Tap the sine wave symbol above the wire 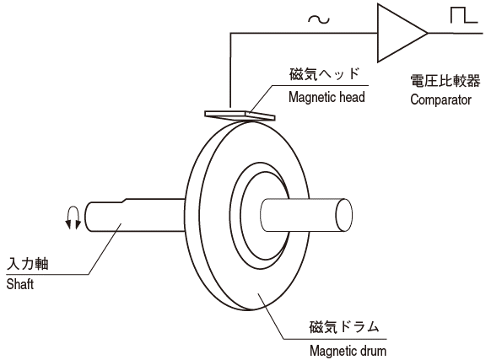pyautogui.click(x=319, y=20)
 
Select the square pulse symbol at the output pyautogui.click(x=464, y=15)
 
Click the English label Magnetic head pyautogui.click(x=326, y=97)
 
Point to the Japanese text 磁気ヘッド pyautogui.click(x=324, y=74)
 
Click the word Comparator pyautogui.click(x=440, y=99)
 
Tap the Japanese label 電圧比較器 pyautogui.click(x=445, y=81)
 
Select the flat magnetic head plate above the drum pyautogui.click(x=240, y=116)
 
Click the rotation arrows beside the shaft pyautogui.click(x=73, y=218)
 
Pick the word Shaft pyautogui.click(x=20, y=284)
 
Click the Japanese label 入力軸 pyautogui.click(x=28, y=264)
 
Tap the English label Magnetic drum pyautogui.click(x=348, y=351)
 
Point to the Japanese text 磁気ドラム pyautogui.click(x=344, y=327)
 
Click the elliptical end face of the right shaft pyautogui.click(x=344, y=215)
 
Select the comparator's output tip pyautogui.click(x=428, y=33)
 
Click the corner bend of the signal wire pyautogui.click(x=231, y=33)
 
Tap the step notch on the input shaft pyautogui.click(x=124, y=201)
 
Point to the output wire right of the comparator pyautogui.click(x=456, y=33)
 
